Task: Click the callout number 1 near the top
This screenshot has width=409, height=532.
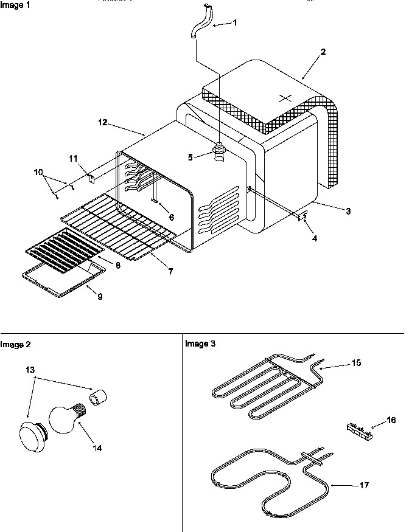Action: [x=236, y=22]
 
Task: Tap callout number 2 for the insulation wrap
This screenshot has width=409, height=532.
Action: [x=323, y=52]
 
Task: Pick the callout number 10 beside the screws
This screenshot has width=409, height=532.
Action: [x=39, y=172]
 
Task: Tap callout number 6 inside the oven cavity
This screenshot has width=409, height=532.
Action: [x=171, y=218]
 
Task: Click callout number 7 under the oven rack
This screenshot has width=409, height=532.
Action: [x=171, y=272]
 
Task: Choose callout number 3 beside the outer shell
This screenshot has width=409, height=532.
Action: [x=348, y=211]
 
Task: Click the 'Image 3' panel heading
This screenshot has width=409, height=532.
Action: [x=200, y=344]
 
